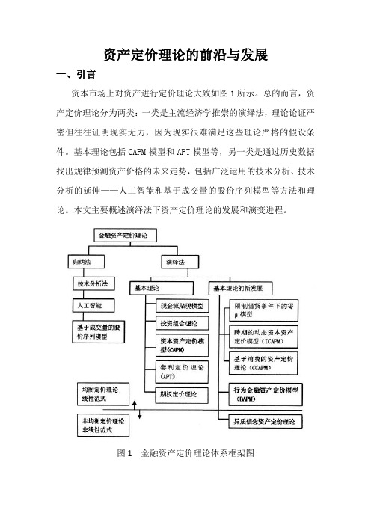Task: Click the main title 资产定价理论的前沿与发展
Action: click(185, 55)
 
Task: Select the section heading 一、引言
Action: click(76, 74)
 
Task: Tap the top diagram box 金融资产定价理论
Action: click(125, 236)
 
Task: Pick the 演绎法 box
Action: click(180, 262)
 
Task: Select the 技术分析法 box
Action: click(94, 283)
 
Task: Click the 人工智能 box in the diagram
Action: click(93, 305)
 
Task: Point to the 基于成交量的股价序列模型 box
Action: click(99, 332)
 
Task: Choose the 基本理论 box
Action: click(162, 288)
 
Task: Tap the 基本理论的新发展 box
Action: click(240, 288)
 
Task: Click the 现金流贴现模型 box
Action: click(183, 306)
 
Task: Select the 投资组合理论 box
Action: click(183, 323)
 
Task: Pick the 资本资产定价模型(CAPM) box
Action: click(183, 346)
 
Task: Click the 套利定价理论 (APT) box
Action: click(183, 372)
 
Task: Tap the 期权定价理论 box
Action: click(183, 394)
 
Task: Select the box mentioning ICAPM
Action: click(263, 337)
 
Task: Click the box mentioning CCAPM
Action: click(263, 363)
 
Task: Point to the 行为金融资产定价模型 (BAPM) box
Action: click(266, 394)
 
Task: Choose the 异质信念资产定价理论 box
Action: click(266, 422)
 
